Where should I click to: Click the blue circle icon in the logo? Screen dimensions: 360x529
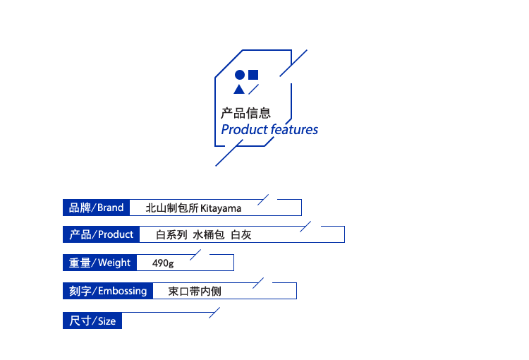tap(240, 75)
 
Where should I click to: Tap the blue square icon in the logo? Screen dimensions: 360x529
tap(253, 74)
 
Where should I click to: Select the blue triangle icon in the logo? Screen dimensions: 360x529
tap(239, 89)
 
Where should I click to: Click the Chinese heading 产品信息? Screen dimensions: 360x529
tap(245, 112)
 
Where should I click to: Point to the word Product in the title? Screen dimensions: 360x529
tap(244, 130)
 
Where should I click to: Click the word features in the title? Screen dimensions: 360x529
tap(294, 130)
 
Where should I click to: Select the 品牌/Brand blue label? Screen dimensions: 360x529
tap(96, 208)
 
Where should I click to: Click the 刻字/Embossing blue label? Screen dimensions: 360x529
tap(108, 291)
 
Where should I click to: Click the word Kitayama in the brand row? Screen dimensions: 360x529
tap(221, 208)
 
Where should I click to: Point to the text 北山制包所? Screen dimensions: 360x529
tap(171, 208)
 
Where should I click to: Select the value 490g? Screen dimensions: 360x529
tap(163, 263)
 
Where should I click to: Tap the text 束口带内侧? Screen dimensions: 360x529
tap(195, 291)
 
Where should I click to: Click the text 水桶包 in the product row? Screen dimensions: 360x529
tap(209, 235)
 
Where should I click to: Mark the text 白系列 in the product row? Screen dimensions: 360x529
tap(171, 235)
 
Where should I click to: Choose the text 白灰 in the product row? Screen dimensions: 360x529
tap(241, 235)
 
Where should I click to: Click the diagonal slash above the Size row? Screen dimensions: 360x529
tap(214, 313)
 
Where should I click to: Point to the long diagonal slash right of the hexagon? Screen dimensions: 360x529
tap(293, 63)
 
